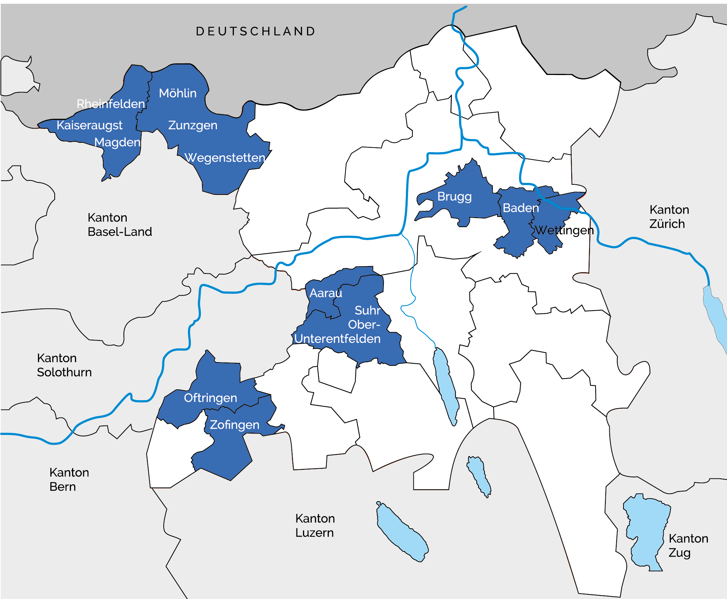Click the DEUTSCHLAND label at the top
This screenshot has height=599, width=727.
[256, 32]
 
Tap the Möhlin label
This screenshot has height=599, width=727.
[178, 93]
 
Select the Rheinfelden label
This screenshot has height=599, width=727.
[111, 104]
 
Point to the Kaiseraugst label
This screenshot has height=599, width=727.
[89, 125]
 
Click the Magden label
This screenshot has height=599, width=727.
[117, 142]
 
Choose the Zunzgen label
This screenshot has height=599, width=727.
[193, 125]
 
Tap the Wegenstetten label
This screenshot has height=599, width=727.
[225, 158]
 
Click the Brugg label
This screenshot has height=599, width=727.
[454, 197]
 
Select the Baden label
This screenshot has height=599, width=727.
[521, 208]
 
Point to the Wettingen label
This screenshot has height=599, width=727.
[564, 230]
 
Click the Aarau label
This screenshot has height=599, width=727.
[325, 293]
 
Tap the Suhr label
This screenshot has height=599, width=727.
[367, 310]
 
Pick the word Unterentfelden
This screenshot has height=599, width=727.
[337, 339]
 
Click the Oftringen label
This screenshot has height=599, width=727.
[210, 398]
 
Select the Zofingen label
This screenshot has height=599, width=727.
[235, 425]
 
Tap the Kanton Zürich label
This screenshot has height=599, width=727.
[669, 217]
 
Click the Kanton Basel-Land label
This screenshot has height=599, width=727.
[119, 225]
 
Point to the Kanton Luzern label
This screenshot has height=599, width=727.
[315, 525]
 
